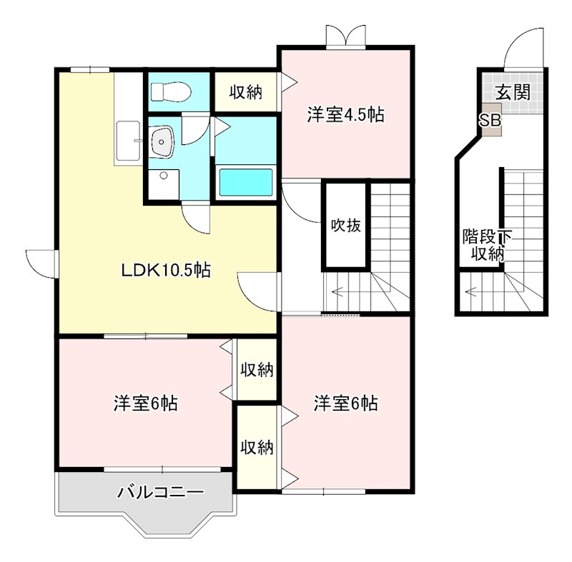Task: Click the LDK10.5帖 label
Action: click(165, 271)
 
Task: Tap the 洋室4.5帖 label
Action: click(346, 114)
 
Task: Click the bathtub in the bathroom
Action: click(245, 182)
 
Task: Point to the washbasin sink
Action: click(164, 141)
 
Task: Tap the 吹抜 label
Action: click(345, 226)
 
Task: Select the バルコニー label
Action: click(161, 492)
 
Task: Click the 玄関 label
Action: click(513, 91)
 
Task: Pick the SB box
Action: click(490, 121)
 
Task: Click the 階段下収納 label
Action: click(488, 244)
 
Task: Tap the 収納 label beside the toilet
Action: click(245, 91)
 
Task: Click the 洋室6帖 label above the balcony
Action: click(146, 403)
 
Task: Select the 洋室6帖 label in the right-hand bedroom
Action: click(346, 403)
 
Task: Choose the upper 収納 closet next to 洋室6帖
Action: click(257, 370)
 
